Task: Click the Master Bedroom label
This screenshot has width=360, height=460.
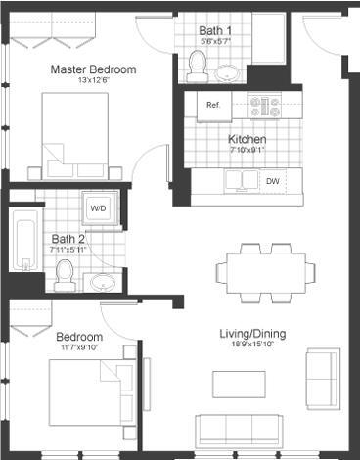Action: click(93, 69)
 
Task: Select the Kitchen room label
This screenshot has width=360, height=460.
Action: click(247, 139)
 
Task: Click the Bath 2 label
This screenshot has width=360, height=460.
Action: click(68, 238)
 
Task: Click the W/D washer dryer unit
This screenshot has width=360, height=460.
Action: click(99, 208)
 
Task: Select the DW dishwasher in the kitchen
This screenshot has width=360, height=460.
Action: click(272, 181)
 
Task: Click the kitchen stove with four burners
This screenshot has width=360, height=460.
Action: click(265, 103)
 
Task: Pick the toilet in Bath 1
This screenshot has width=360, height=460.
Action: click(198, 66)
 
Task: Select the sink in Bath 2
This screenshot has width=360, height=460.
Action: click(103, 283)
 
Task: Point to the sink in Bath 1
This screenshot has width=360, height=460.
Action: click(230, 71)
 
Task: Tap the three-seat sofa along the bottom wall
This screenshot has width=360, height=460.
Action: click(238, 430)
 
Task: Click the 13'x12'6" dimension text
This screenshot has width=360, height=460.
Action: click(93, 82)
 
